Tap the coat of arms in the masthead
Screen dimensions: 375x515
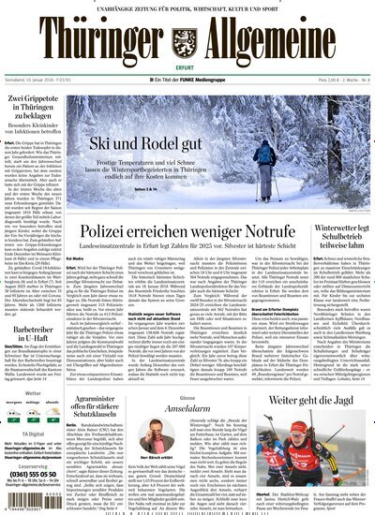(x=187, y=37)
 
